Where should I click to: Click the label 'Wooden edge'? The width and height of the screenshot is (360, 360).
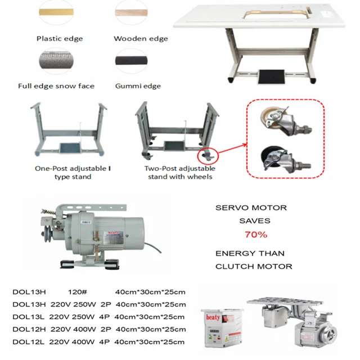click(x=141, y=39)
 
